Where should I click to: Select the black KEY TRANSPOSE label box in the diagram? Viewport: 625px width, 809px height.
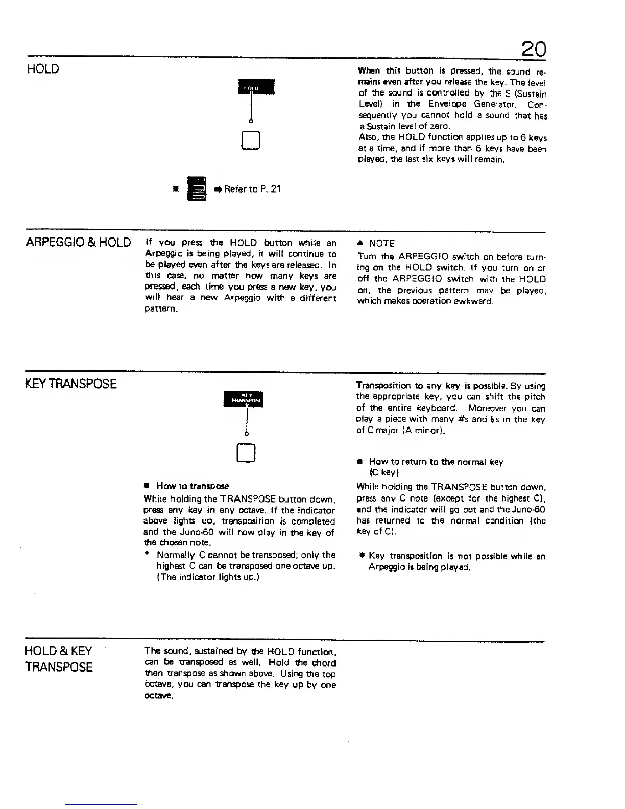pyautogui.click(x=247, y=397)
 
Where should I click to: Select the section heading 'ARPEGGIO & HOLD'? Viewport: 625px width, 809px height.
pyautogui.click(x=78, y=242)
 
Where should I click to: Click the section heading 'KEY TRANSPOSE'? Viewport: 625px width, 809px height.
pyautogui.click(x=71, y=384)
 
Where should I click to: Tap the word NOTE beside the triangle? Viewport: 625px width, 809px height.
pyautogui.click(x=381, y=244)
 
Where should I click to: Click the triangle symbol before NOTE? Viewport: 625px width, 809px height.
pyautogui.click(x=360, y=243)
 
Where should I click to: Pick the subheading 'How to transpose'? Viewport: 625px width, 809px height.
pyautogui.click(x=193, y=486)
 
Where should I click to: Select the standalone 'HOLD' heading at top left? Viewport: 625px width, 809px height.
pyautogui.click(x=42, y=68)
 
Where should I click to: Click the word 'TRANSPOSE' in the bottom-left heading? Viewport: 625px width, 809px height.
pyautogui.click(x=59, y=667)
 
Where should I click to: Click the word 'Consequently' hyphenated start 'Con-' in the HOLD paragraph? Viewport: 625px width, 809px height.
pyautogui.click(x=537, y=104)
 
